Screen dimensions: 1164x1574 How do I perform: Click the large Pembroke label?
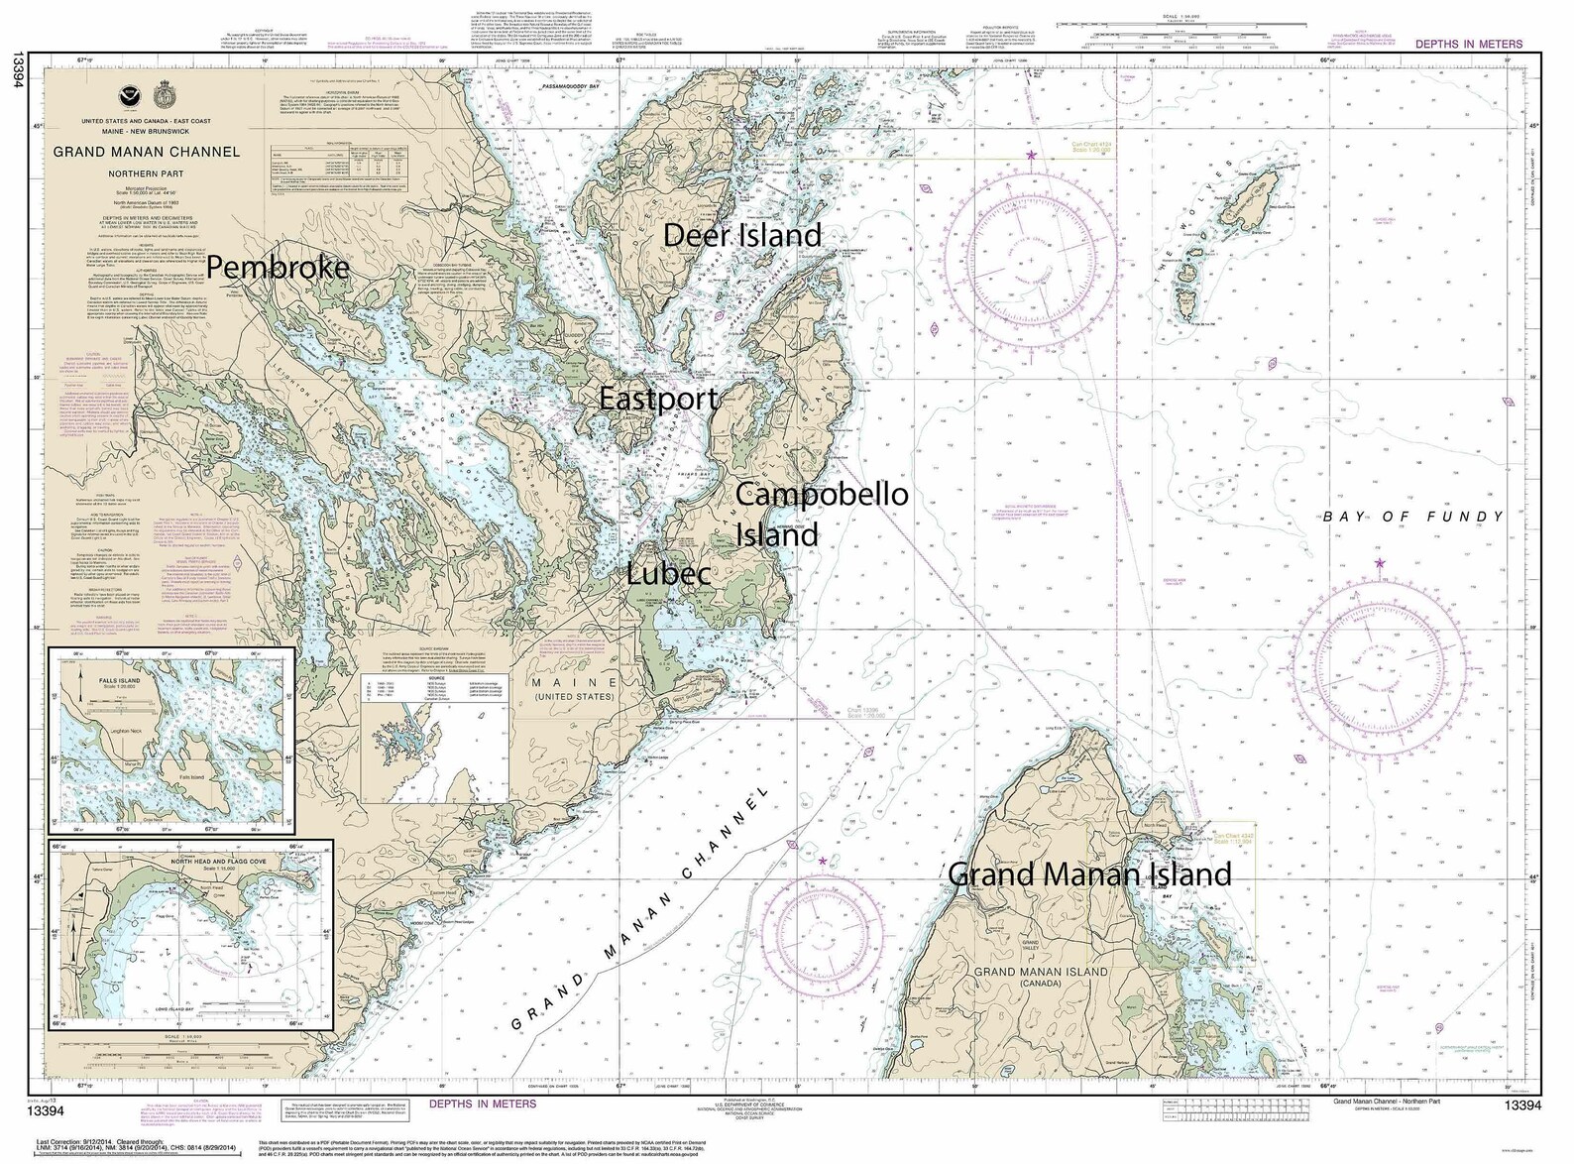tap(279, 267)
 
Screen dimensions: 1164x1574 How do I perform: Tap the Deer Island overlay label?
tap(742, 235)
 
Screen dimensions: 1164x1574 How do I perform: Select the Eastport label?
tap(658, 399)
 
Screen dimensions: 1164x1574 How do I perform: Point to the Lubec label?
tap(668, 573)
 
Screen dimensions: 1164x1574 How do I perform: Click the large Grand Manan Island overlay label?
tap(1089, 874)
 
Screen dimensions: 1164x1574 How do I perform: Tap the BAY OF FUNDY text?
tap(1412, 517)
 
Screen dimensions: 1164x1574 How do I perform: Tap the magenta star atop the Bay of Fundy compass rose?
tap(1380, 563)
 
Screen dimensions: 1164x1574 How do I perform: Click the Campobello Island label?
tap(822, 513)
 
